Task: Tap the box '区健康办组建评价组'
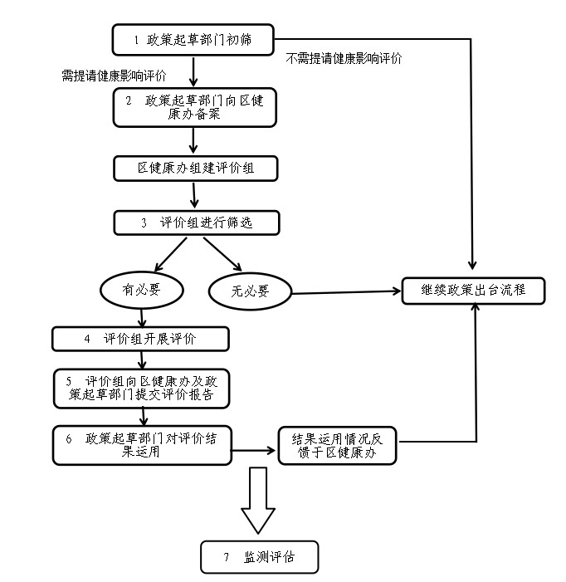[x=195, y=168]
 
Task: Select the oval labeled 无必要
[x=250, y=291]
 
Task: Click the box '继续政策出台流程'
[x=473, y=290]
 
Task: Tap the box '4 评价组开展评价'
[x=140, y=339]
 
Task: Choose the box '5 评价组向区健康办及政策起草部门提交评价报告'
[x=140, y=388]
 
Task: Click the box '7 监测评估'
[x=259, y=557]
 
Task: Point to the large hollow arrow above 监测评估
[x=258, y=500]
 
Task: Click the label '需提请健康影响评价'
[x=114, y=76]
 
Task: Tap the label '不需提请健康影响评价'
[x=344, y=58]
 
